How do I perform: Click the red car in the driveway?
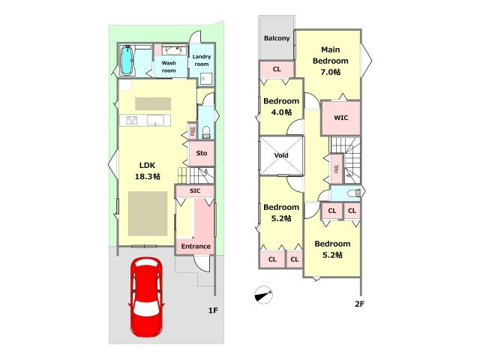point(146,298)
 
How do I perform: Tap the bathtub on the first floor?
point(126,60)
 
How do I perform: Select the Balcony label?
point(277,38)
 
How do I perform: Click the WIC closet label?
point(340,118)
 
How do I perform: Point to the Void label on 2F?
point(281,155)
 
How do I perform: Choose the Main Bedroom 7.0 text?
point(330,61)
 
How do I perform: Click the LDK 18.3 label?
point(148,171)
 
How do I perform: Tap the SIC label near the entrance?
point(195,190)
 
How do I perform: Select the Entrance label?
point(196,247)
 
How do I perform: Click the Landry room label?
point(202,60)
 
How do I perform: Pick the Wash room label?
point(169,67)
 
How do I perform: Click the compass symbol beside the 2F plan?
point(263,295)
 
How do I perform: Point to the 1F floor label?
point(213,310)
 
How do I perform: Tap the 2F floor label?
point(360,304)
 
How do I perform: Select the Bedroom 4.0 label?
point(281,106)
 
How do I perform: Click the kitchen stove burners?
point(132,120)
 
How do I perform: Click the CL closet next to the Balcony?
point(277,69)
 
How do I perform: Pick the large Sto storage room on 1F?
point(202,153)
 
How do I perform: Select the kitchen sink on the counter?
point(156,120)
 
